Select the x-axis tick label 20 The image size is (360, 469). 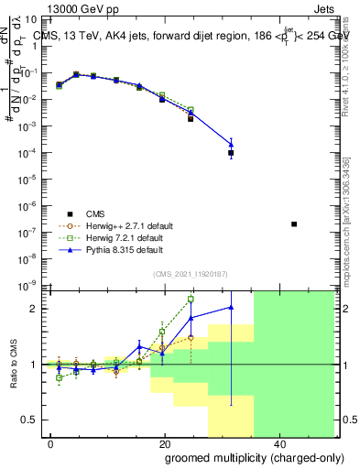click(x=164, y=443)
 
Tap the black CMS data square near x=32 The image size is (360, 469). click(x=231, y=153)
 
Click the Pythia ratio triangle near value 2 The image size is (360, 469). click(x=231, y=307)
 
